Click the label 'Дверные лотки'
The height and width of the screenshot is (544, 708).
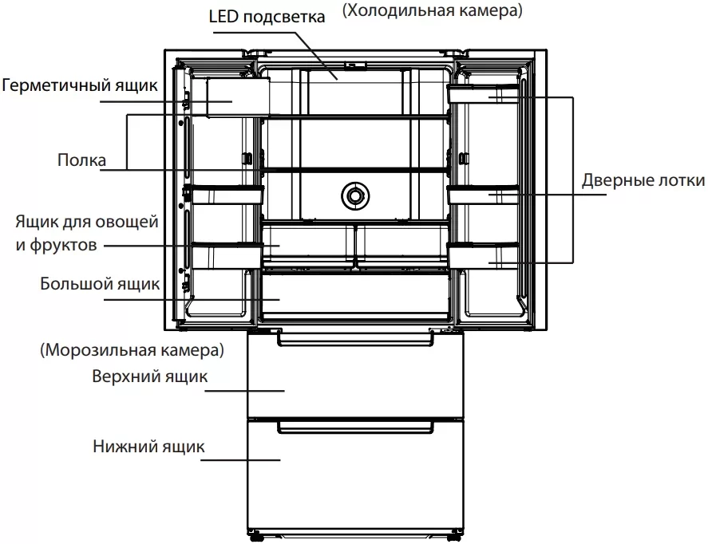click(x=643, y=180)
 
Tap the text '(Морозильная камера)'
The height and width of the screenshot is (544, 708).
click(x=130, y=349)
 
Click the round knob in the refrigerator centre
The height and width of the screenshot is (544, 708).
click(x=354, y=194)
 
